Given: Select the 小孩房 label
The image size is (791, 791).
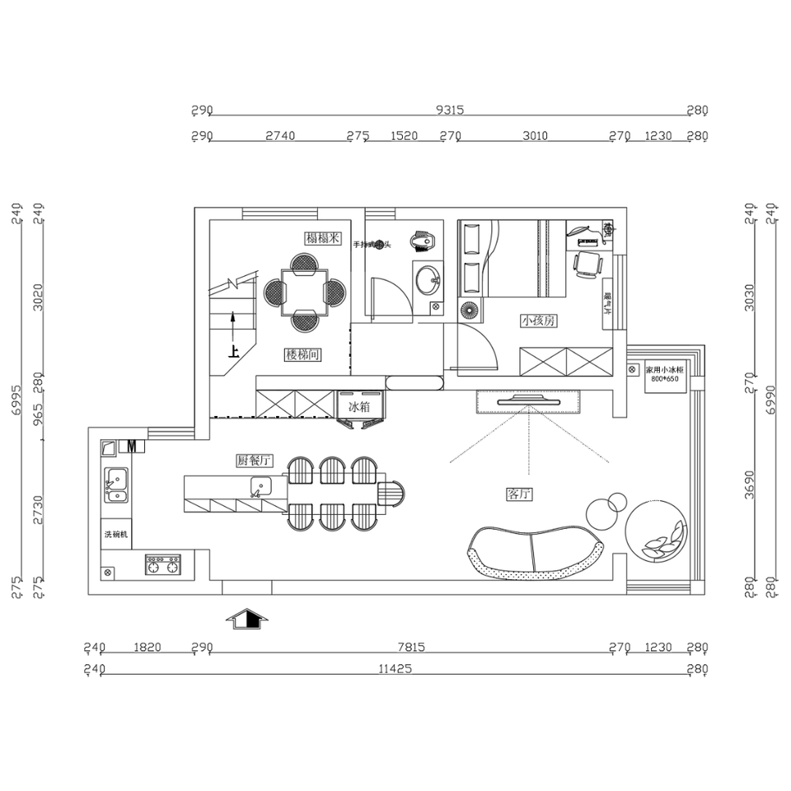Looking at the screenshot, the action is click(x=537, y=321).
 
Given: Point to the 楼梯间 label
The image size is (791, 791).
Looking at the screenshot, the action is click(x=302, y=354).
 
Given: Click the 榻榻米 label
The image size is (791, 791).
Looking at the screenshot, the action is click(x=323, y=239).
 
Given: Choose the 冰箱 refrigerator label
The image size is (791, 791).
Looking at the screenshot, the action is click(x=360, y=407).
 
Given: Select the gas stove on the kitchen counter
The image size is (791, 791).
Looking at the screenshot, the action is click(x=163, y=564).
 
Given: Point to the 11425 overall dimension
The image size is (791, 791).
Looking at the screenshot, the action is click(x=395, y=670).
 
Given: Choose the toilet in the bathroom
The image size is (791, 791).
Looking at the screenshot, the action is click(x=422, y=240).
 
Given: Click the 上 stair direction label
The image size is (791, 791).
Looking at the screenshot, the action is click(x=234, y=351).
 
